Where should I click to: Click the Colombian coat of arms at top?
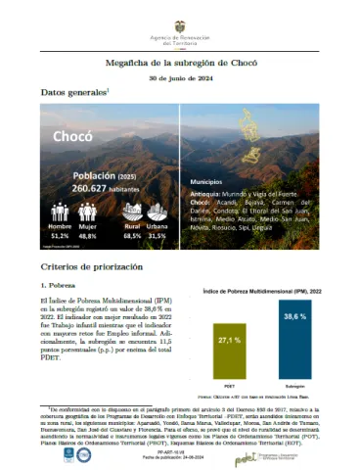click(181, 21)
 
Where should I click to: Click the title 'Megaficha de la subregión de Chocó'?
click(180, 61)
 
